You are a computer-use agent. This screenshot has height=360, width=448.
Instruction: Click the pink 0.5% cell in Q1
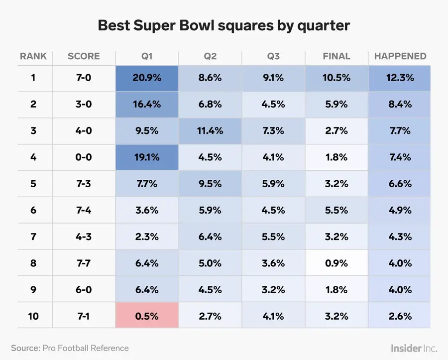[x=147, y=316]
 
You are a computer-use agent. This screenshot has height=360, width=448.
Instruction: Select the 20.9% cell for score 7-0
[x=147, y=78]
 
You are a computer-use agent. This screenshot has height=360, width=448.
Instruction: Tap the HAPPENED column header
[x=400, y=56]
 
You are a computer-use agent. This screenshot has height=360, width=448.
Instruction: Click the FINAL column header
[x=336, y=56]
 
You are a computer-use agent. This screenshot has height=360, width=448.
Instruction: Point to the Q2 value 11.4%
[x=210, y=131]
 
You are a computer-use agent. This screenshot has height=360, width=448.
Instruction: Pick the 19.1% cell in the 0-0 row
[x=147, y=157]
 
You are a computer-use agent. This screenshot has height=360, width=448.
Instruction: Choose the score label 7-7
[x=84, y=263]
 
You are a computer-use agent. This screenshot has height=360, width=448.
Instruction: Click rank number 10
[x=33, y=316]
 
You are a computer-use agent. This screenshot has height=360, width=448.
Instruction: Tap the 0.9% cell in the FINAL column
[x=336, y=263]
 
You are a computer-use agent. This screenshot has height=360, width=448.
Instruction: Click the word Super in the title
[x=155, y=26]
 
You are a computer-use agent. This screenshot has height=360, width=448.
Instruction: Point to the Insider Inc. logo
[x=414, y=348]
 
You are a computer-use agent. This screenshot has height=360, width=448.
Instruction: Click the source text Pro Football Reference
[x=86, y=348]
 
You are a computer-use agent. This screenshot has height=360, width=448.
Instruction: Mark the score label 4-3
[x=84, y=237]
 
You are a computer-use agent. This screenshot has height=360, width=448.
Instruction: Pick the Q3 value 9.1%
[x=273, y=78]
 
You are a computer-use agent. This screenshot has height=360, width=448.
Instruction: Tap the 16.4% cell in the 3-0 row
[x=147, y=104]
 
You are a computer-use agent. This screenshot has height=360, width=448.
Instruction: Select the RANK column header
[x=33, y=56]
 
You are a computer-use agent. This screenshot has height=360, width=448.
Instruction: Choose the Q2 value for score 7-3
[x=210, y=183]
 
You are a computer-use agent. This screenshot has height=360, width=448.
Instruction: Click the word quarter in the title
[x=324, y=26]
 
